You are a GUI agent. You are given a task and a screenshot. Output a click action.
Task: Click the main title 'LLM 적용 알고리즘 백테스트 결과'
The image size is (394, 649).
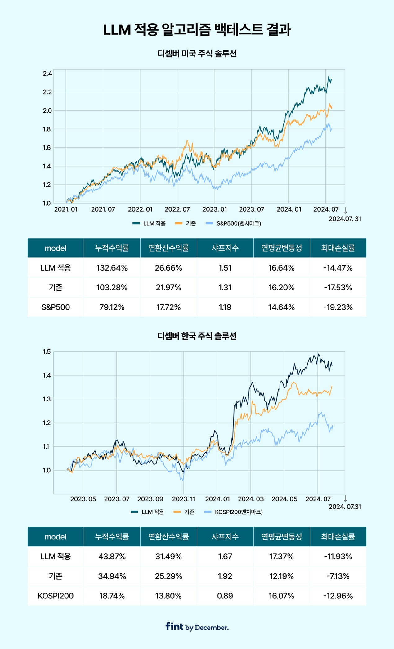[197, 30]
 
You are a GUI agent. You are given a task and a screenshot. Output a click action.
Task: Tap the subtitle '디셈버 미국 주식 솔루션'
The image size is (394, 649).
[197, 54]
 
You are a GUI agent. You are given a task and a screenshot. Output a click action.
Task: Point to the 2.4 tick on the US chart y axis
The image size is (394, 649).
[47, 74]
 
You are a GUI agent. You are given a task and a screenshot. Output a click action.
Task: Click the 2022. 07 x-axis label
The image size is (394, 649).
[177, 209]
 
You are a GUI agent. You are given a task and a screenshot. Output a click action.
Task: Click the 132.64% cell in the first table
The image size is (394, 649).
[112, 268]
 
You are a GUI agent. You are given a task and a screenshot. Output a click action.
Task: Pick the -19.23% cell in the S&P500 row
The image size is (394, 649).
[338, 307]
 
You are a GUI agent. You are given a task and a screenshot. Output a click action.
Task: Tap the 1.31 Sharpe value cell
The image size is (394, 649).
[225, 288]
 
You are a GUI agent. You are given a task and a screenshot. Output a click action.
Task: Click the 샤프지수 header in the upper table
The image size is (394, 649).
[225, 248]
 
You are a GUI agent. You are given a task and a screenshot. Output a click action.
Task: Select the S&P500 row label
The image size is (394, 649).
[56, 307]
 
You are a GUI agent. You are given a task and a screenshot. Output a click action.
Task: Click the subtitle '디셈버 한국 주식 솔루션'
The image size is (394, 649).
[197, 336]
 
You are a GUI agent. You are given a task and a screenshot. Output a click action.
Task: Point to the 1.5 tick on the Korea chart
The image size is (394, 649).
[47, 352]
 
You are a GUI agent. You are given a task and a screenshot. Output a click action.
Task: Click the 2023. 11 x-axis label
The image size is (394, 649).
[184, 499]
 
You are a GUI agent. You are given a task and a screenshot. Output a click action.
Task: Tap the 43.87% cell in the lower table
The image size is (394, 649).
[112, 557]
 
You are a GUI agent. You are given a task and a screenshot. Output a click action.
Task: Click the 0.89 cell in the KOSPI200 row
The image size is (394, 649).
[225, 596]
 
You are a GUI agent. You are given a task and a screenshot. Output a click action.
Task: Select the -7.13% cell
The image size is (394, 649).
[338, 576]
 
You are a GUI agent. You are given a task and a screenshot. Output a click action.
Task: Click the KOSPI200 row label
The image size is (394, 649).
[56, 596]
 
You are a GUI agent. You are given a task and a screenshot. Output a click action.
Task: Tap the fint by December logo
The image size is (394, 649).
[197, 627]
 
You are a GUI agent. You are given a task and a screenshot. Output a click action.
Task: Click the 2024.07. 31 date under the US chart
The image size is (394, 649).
[345, 219]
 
